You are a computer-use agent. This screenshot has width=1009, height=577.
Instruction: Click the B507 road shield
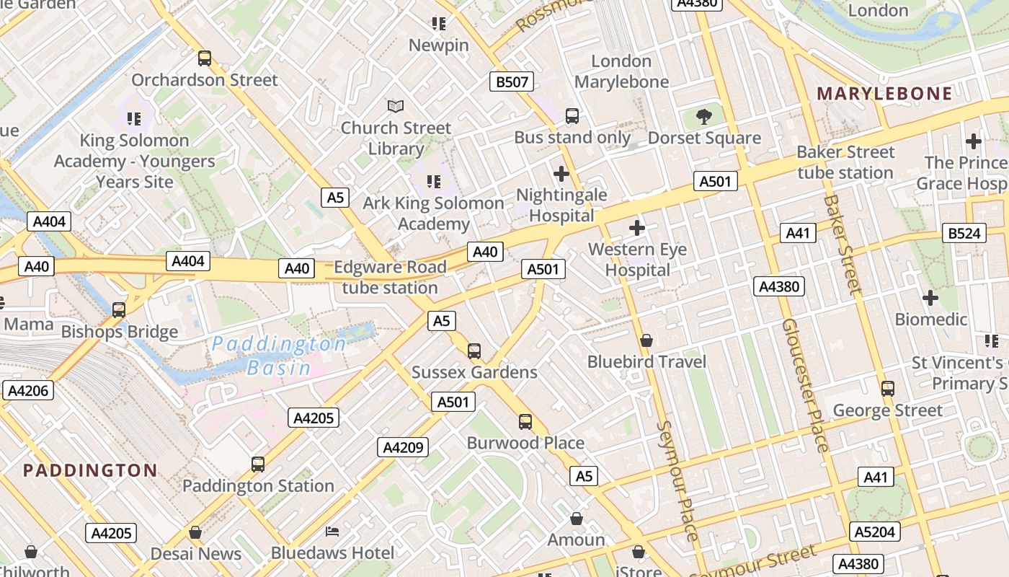(512, 82)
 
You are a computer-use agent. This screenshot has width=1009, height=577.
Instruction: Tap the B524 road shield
(964, 233)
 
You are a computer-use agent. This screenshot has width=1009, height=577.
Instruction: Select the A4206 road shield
(27, 391)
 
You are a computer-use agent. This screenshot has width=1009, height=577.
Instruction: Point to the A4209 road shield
(403, 447)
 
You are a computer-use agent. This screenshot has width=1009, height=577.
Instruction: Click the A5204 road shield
(876, 532)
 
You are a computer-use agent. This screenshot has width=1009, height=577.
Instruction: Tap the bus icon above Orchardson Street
(205, 58)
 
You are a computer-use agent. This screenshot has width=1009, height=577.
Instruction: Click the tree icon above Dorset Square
(703, 116)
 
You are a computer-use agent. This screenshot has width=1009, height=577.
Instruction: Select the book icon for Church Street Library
(396, 107)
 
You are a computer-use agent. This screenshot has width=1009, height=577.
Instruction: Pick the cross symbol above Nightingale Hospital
(561, 174)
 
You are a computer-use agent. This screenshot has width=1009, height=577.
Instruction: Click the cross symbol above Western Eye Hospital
(637, 229)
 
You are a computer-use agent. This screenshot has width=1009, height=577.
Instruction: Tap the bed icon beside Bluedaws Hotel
(332, 532)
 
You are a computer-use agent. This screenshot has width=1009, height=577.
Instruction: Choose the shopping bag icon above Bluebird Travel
(646, 340)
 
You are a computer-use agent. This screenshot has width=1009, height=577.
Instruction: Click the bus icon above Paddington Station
(258, 464)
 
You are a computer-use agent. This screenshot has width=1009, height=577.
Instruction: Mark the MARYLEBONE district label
(884, 94)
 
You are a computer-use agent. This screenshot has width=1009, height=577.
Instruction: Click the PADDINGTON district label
(90, 471)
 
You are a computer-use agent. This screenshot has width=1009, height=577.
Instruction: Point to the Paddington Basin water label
(280, 356)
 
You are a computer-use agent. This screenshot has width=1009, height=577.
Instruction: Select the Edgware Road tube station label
(390, 278)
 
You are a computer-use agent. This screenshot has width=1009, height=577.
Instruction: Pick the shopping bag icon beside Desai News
(195, 533)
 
